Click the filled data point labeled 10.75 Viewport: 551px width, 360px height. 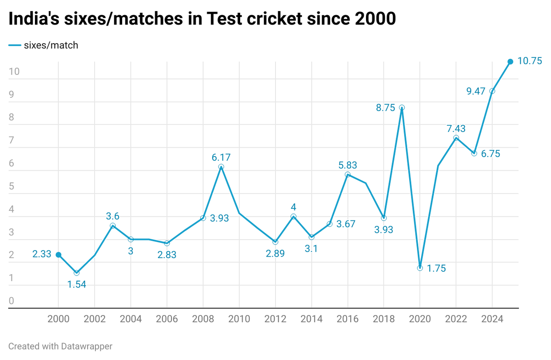510,62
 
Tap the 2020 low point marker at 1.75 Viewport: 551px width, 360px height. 420,268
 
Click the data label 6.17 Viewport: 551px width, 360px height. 221,157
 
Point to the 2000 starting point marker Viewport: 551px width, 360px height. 58,254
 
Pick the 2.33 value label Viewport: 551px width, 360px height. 42,254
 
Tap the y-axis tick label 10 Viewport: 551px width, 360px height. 15,72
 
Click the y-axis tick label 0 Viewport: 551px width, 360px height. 11,301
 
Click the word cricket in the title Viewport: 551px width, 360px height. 270,19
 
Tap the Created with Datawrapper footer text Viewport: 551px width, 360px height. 60,346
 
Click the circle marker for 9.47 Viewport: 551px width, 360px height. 492,91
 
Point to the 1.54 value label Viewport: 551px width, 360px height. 77,284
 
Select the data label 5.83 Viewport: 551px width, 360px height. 348,165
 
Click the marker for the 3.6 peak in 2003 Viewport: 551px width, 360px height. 112,225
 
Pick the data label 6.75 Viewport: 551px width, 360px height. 490,154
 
